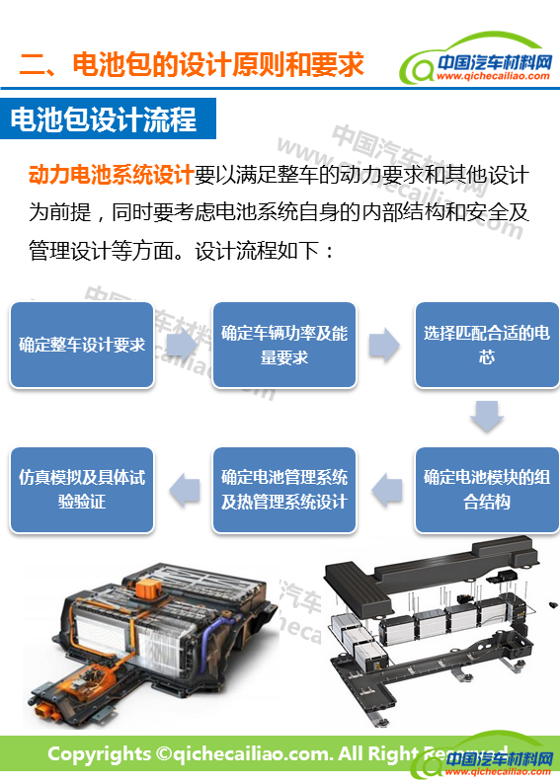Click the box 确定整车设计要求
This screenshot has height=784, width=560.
click(x=82, y=345)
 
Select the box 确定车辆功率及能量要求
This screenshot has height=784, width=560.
click(x=284, y=345)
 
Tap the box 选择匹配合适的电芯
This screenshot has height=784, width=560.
click(x=487, y=345)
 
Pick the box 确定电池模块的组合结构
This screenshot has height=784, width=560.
click(x=487, y=490)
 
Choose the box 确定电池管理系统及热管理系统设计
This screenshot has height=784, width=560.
click(x=284, y=490)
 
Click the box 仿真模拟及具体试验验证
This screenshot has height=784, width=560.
click(x=82, y=490)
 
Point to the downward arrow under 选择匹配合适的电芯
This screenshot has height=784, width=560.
click(x=487, y=416)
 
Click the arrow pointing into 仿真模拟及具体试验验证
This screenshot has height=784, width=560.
click(x=185, y=491)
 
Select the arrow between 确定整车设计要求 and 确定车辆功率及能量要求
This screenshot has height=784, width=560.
click(x=181, y=345)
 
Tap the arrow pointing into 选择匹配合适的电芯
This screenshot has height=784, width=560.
click(x=384, y=345)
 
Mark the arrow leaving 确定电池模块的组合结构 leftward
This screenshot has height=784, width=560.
click(x=387, y=491)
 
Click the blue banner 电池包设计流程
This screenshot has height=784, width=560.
click(x=108, y=118)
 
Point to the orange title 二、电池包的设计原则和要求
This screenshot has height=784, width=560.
click(x=192, y=64)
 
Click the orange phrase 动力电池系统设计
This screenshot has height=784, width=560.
click(x=111, y=175)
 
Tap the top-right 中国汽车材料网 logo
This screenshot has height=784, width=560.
click(x=476, y=61)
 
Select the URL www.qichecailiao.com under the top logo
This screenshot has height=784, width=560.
click(x=493, y=76)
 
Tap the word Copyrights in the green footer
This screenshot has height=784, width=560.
click(x=99, y=754)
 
